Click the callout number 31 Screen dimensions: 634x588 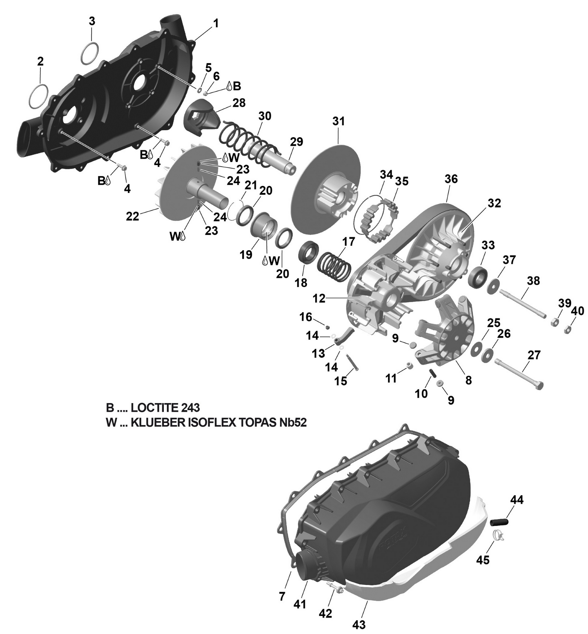(x=338, y=122)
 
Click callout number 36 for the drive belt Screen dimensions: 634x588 (x=451, y=179)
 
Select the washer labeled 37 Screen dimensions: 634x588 (x=493, y=287)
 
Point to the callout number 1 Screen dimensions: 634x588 (x=216, y=24)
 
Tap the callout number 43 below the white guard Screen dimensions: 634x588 (x=359, y=624)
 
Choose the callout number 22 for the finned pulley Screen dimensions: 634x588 (x=132, y=216)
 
